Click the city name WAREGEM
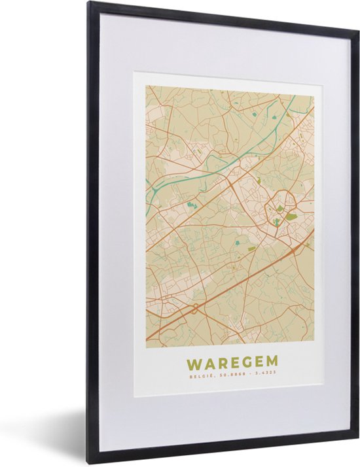point(232,362)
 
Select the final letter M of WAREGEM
point(270,361)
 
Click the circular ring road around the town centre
point(279,209)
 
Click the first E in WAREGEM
point(234,362)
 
